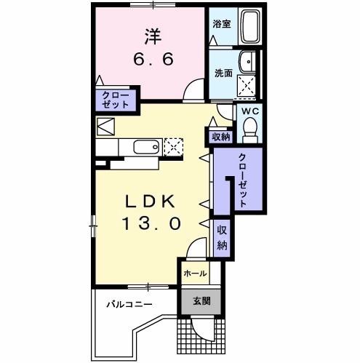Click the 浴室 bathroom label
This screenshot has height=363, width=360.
[222, 24]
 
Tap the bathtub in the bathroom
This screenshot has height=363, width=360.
[251, 26]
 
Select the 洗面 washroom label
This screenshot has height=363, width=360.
[223, 73]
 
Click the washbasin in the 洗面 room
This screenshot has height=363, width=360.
[247, 62]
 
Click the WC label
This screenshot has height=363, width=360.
[250, 111]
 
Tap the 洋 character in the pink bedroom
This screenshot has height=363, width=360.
[153, 36]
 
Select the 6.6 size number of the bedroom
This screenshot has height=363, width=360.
[153, 59]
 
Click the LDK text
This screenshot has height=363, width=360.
[150, 202]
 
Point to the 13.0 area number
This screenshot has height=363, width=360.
[151, 223]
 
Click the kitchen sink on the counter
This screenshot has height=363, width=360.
[146, 147]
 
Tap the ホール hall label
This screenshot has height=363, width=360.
[195, 274]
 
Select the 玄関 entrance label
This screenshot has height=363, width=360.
[201, 301]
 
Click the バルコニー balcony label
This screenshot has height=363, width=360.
[129, 304]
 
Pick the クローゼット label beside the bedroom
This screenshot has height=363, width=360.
[115, 100]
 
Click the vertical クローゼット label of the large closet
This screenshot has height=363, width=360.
[243, 180]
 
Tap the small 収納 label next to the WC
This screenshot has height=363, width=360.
[221, 137]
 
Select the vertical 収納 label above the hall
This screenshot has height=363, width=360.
[222, 238]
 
